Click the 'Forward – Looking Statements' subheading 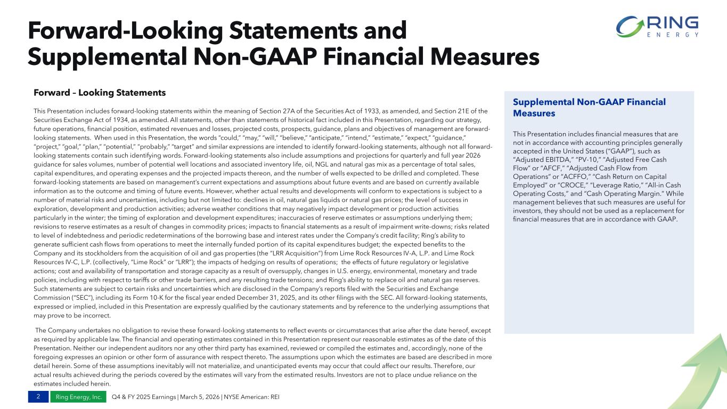point(100,93)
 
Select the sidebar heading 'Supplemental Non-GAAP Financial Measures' point(589,107)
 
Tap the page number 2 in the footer point(38,397)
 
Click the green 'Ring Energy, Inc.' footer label point(78,397)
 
